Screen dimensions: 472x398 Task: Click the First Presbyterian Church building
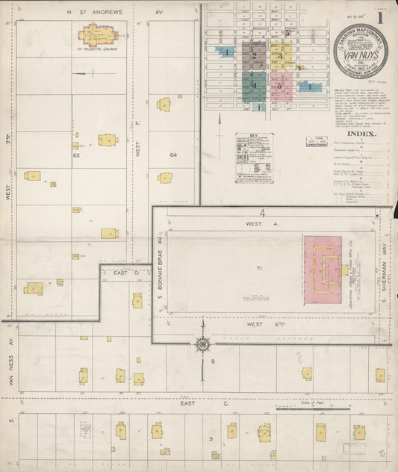pos(96,34)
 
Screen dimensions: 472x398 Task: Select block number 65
pos(76,156)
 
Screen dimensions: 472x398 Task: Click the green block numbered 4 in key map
pos(254,85)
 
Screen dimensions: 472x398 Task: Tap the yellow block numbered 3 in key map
pos(281,55)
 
